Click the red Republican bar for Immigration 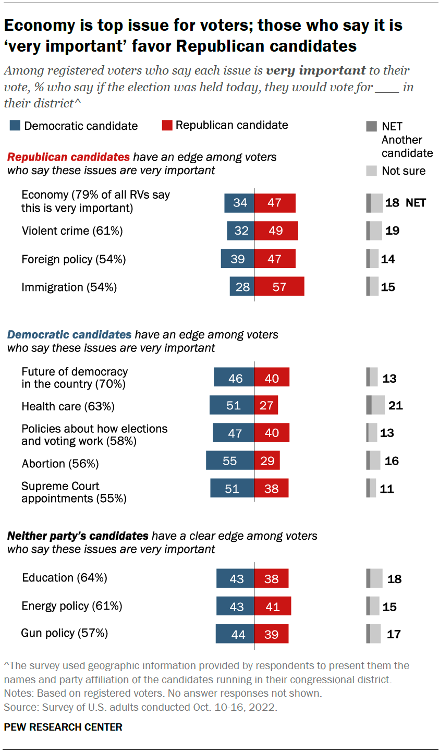click(x=279, y=287)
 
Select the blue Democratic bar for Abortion click(x=230, y=460)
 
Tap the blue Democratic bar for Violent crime click(x=240, y=231)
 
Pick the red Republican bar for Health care click(x=266, y=405)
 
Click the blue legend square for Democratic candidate click(x=15, y=126)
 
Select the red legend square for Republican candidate click(x=167, y=125)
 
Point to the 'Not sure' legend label click(x=403, y=171)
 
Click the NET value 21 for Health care click(x=395, y=405)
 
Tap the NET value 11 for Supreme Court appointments click(x=386, y=489)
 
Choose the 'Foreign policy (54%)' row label click(x=74, y=259)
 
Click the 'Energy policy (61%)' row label click(x=72, y=606)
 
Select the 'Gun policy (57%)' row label click(x=65, y=633)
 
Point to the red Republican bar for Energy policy click(x=272, y=607)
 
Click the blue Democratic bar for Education click(x=236, y=578)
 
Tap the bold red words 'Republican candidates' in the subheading click(x=68, y=157)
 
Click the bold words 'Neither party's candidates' click(x=78, y=536)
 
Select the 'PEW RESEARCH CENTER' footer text click(x=63, y=727)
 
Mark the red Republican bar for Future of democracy click(x=272, y=378)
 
